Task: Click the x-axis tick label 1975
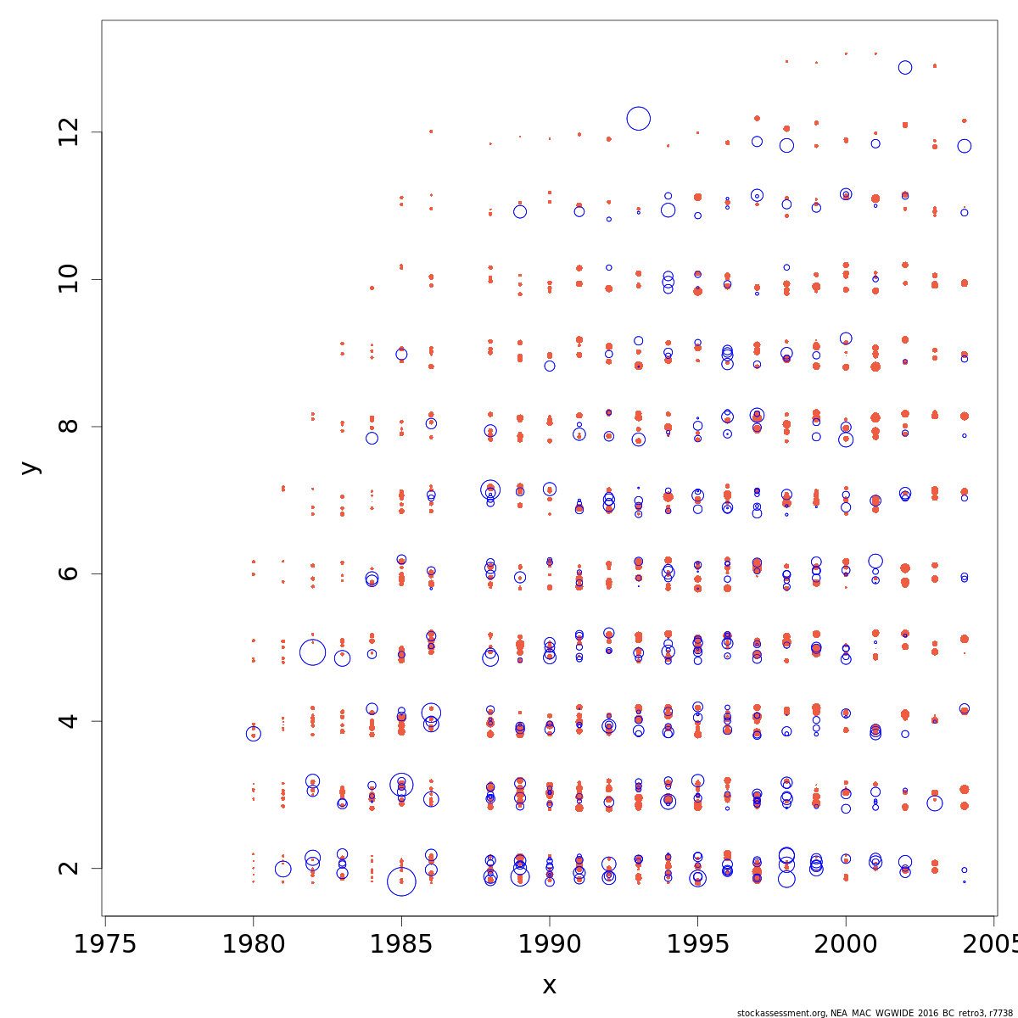tap(104, 944)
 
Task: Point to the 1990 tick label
tap(549, 944)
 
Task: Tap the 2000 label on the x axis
tap(845, 944)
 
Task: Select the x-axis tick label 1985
tap(401, 944)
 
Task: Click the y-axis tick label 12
tap(68, 132)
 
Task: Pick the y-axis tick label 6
tap(68, 573)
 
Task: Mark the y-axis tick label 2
tap(68, 868)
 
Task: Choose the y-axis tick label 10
tap(68, 279)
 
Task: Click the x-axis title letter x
tap(549, 986)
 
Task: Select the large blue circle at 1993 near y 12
tap(639, 119)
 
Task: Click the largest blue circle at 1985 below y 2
tap(401, 881)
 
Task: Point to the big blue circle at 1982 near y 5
tap(313, 652)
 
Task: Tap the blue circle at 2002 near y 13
tap(905, 68)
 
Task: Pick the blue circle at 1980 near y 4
tap(253, 734)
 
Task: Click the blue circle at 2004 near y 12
tap(965, 146)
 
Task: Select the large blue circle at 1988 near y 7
tap(490, 489)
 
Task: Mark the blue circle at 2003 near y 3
tap(935, 803)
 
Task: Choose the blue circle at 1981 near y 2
tap(283, 869)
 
